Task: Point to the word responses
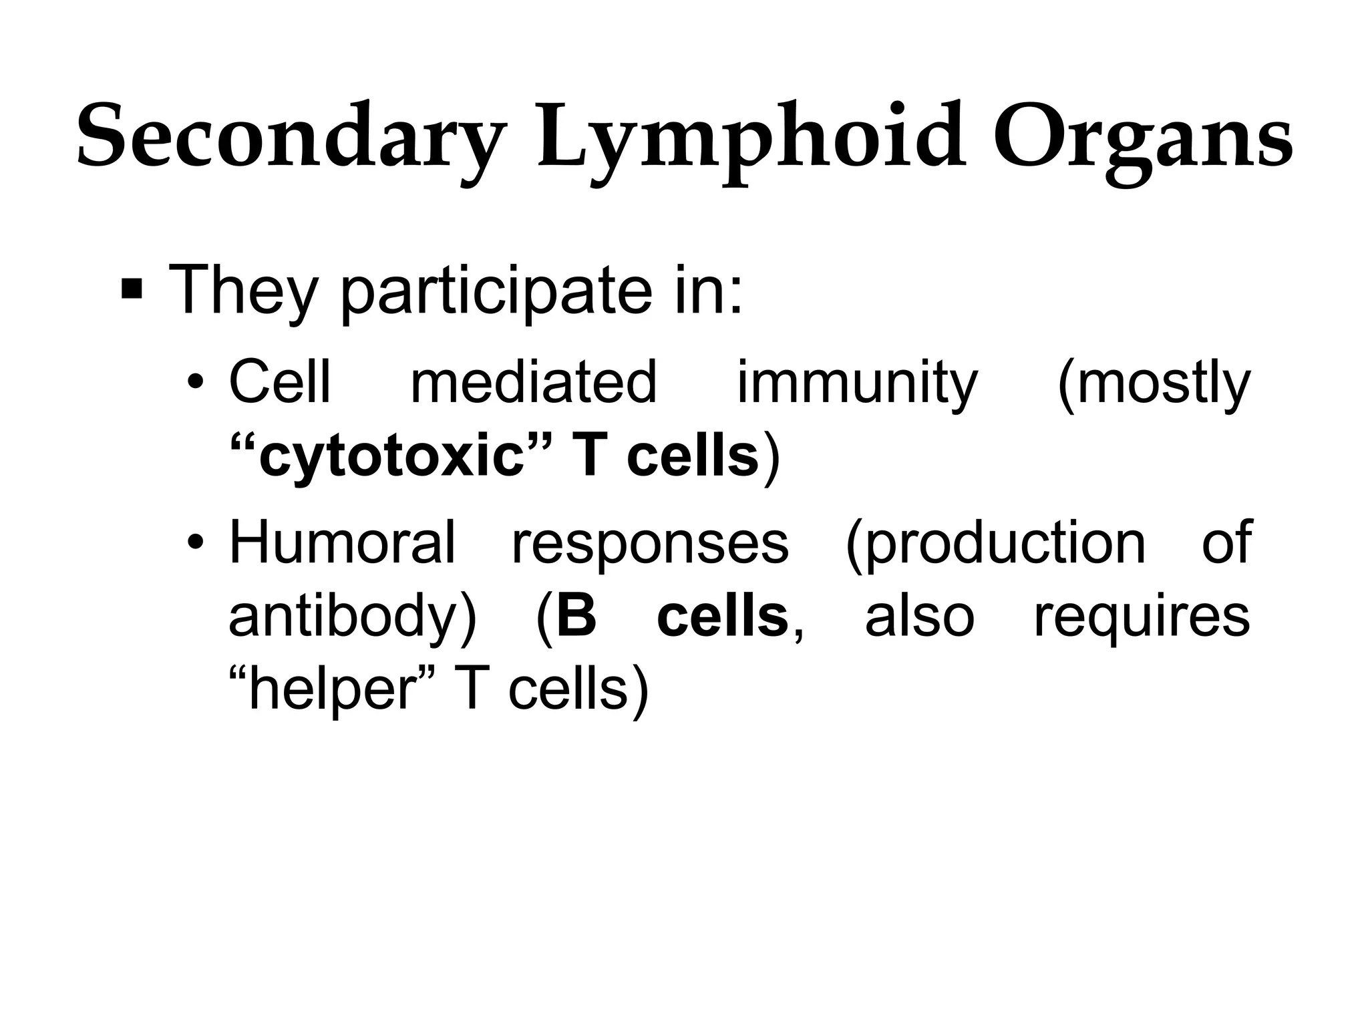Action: point(649,542)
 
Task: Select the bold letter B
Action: point(576,616)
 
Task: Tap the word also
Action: point(919,616)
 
